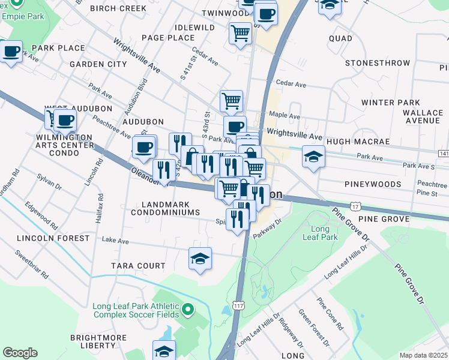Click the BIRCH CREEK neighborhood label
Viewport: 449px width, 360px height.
tap(118, 8)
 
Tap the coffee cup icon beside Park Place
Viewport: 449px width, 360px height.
tap(10, 52)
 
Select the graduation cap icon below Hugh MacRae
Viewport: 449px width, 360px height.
tap(313, 157)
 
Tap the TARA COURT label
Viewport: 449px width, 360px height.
tap(138, 266)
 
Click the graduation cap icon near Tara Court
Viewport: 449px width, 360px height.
tap(200, 259)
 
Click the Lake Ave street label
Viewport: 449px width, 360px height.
tap(115, 241)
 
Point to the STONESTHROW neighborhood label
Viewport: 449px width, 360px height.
tap(375, 63)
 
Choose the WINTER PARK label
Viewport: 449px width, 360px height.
tap(391, 103)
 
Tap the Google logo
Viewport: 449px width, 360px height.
tap(20, 353)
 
